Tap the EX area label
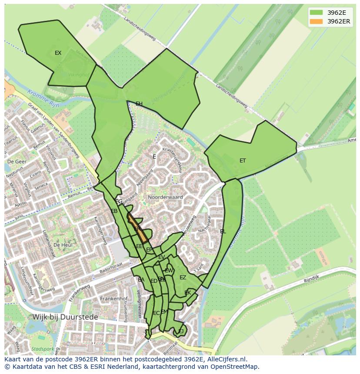[x=58, y=53]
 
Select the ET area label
[x=243, y=161]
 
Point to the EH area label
[x=139, y=104]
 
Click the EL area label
[x=223, y=232]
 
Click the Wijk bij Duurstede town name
[x=65, y=317]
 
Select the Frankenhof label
[x=113, y=299]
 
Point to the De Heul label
[x=62, y=245]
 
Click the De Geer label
[x=17, y=161]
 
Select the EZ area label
[x=183, y=278]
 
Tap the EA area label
[x=141, y=280]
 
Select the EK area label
[x=188, y=293]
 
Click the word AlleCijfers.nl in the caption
[x=226, y=359]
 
